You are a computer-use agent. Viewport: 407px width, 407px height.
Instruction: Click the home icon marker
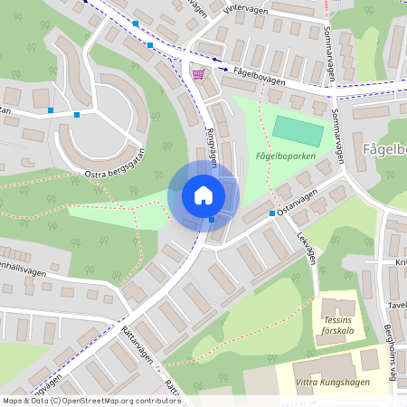[203, 194]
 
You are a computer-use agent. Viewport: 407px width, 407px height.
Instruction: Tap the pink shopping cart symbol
[197, 74]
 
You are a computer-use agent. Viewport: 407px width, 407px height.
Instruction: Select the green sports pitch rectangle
[298, 131]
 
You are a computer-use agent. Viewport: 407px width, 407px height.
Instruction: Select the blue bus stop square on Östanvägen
[271, 213]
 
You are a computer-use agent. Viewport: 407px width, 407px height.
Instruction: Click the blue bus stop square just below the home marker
[211, 220]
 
